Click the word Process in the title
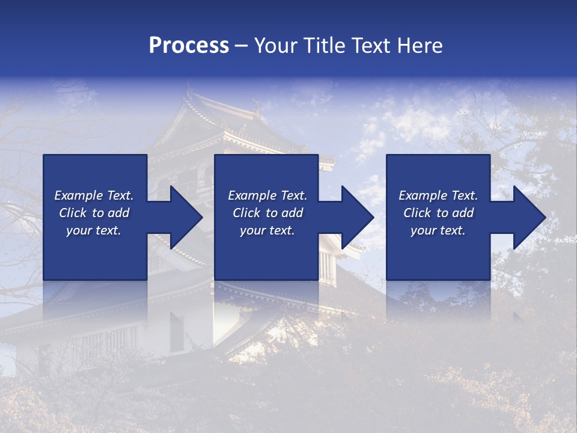(189, 46)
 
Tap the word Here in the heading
(418, 46)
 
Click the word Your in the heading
(275, 46)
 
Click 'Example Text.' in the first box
(94, 195)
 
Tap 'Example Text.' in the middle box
(267, 195)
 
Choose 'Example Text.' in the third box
(438, 195)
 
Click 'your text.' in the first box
(94, 230)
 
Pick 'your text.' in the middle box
(267, 230)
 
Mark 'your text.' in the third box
(438, 230)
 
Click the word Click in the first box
(73, 213)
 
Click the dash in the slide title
(242, 46)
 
